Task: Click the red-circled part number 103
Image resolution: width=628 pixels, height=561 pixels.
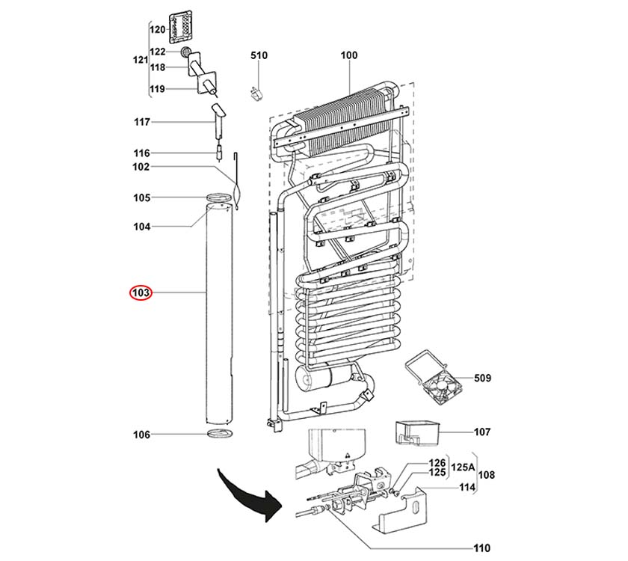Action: (x=141, y=292)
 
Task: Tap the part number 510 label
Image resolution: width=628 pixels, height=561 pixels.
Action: (x=259, y=56)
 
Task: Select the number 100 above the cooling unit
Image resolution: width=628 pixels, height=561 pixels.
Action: (x=349, y=56)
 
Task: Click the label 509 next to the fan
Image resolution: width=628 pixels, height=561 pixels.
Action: (x=482, y=378)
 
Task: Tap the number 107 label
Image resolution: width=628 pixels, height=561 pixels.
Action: (x=482, y=432)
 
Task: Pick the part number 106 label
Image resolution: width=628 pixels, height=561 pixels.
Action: (x=141, y=435)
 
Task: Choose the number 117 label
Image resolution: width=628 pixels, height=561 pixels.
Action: (x=141, y=122)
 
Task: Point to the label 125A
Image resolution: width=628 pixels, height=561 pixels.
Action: (x=464, y=467)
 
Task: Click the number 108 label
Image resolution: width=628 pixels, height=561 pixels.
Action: (x=486, y=475)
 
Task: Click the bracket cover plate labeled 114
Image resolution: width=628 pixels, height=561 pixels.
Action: (x=411, y=509)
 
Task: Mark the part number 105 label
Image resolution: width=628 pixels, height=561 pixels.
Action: (x=141, y=197)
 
